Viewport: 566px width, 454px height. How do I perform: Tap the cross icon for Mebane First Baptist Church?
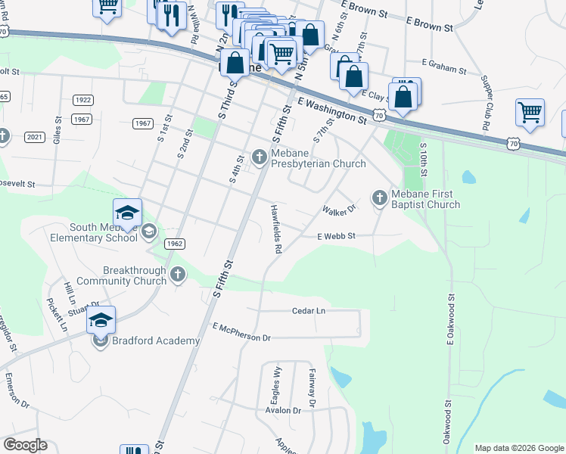379,198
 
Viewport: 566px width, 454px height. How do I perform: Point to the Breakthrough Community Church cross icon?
178,275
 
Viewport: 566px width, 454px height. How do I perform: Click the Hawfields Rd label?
277,228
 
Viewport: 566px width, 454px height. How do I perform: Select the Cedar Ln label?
309,310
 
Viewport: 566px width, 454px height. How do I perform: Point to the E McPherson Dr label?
241,332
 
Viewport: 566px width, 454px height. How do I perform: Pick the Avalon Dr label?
283,409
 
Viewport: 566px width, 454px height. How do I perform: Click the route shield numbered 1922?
82,100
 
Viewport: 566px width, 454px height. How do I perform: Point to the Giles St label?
58,130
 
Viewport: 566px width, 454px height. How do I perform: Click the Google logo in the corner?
25,445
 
